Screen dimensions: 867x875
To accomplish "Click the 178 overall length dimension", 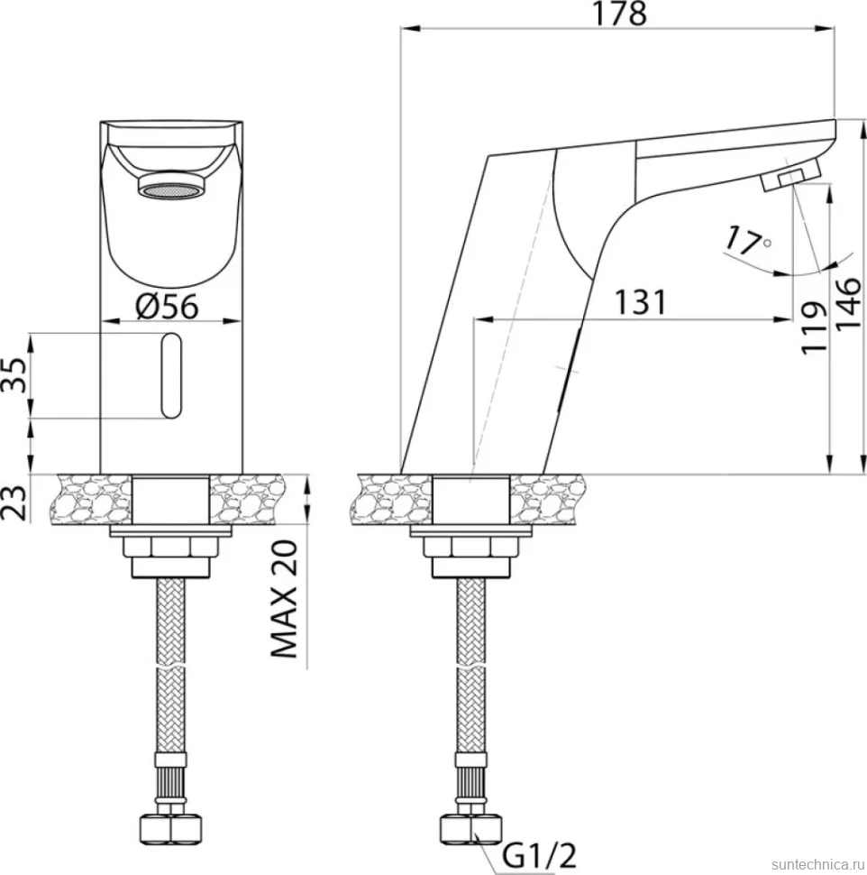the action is coord(619,14).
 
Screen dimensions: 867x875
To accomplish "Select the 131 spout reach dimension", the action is coord(640,303).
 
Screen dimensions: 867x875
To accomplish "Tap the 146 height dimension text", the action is coord(848,303).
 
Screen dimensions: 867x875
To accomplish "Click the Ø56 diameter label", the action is coord(167,307).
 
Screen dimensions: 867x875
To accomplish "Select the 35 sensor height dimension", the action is coord(16,375).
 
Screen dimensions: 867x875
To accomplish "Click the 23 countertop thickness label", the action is coord(14,502).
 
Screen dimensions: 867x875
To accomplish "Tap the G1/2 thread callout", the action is coord(539,854).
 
